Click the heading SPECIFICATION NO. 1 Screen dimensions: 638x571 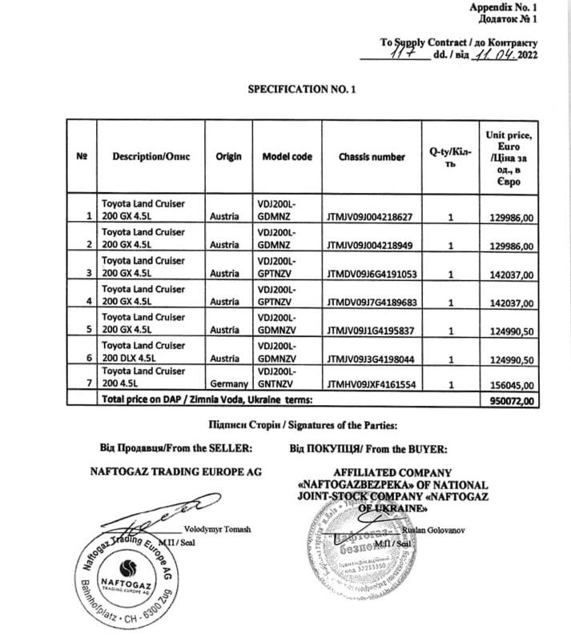point(301,92)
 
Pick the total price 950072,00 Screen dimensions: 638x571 point(509,398)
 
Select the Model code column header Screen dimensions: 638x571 point(288,157)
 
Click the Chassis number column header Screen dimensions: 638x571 point(372,157)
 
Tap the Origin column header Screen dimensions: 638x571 point(228,157)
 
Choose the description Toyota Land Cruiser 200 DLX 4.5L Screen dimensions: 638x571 point(142,351)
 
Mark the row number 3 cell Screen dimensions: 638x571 point(88,273)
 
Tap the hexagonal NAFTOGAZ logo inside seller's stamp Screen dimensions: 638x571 point(121,583)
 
